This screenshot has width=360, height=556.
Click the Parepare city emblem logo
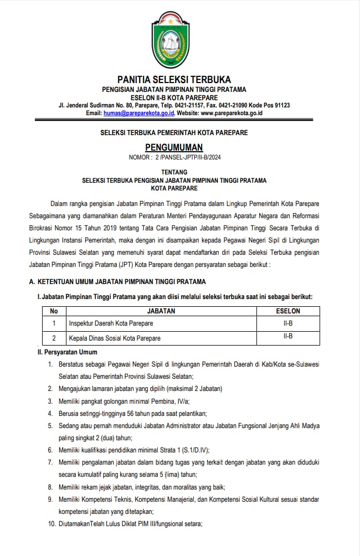click(x=174, y=40)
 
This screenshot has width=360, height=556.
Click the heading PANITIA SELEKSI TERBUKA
click(x=174, y=80)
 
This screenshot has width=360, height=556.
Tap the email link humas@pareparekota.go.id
click(x=139, y=113)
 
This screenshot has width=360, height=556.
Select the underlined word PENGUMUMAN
click(x=174, y=147)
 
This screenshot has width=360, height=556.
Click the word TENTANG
click(x=174, y=172)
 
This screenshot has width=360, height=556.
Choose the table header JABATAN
click(x=161, y=311)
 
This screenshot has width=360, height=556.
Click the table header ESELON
click(x=287, y=311)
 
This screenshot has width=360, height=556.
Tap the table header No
click(x=54, y=311)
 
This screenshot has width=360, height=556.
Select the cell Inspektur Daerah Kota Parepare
click(x=111, y=323)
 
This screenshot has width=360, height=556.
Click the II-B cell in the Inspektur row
click(x=287, y=322)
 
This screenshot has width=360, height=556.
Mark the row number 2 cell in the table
click(x=54, y=337)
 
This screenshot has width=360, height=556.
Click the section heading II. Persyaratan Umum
click(x=68, y=352)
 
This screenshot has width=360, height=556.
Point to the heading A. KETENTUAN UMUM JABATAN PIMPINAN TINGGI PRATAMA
click(x=117, y=282)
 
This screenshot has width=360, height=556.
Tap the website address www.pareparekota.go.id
click(x=232, y=113)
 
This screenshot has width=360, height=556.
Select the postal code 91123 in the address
click(x=280, y=105)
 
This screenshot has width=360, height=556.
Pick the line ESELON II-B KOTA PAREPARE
click(x=174, y=97)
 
